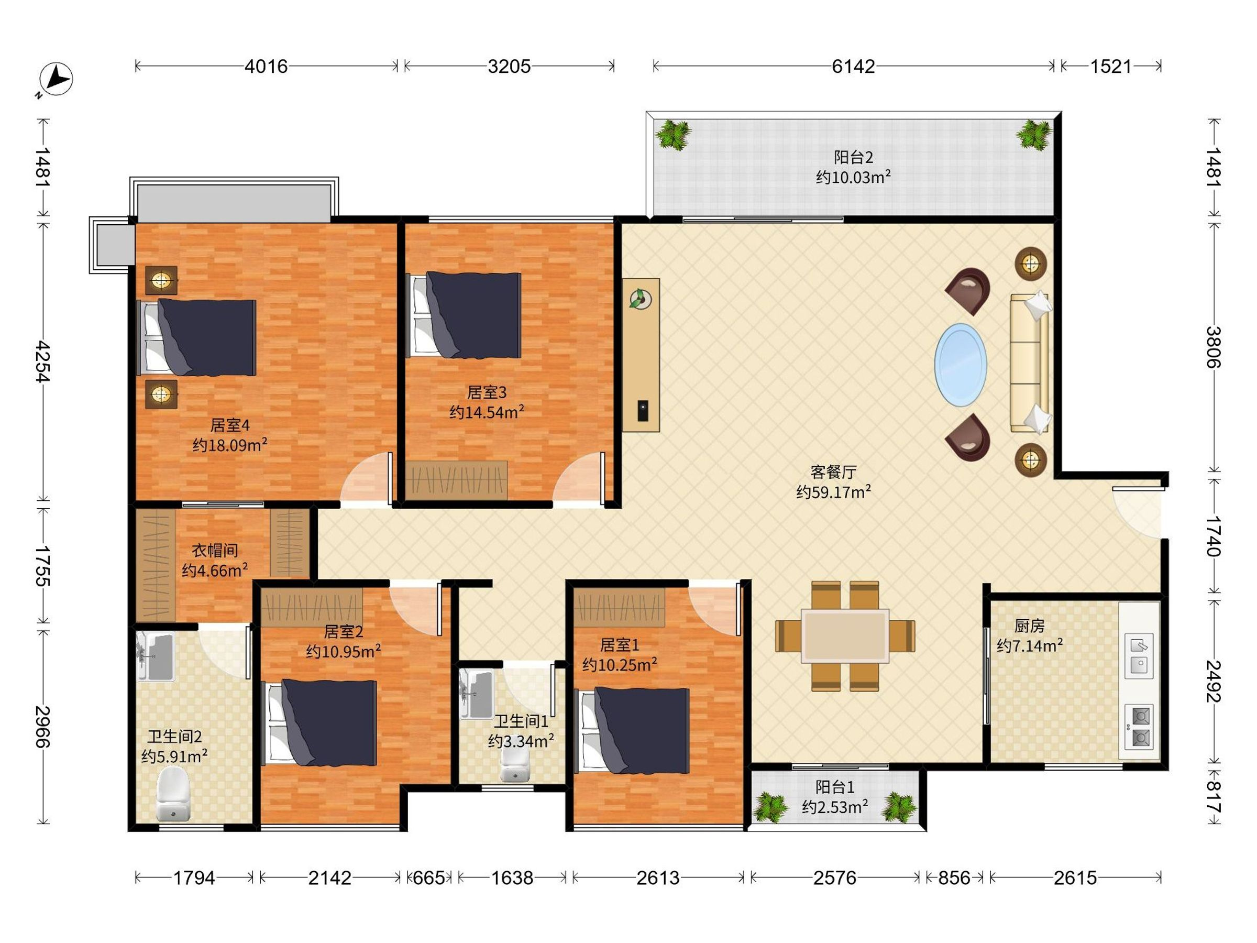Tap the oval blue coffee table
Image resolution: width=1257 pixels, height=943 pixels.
pos(961,364)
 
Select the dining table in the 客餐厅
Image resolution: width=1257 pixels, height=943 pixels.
pos(845,636)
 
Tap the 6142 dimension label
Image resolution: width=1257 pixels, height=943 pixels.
pos(853,67)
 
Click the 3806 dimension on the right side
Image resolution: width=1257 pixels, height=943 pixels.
pos(1212,347)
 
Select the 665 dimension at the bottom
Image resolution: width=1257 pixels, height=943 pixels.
pos(429,878)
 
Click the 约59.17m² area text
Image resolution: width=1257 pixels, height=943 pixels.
pos(834,492)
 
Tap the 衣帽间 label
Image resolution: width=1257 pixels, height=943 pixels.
pos(214,550)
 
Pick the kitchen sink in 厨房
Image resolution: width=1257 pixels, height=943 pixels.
pos(1139,655)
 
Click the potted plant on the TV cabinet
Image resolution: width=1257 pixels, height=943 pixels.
pos(641,299)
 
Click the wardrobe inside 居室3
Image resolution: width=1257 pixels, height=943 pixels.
pos(456,480)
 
